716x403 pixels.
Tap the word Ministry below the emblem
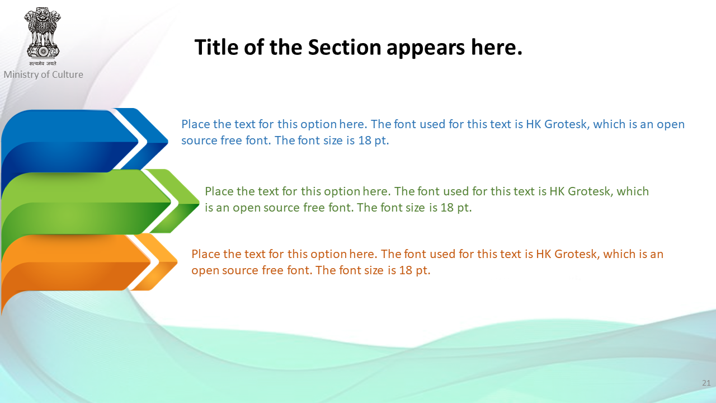tap(21, 74)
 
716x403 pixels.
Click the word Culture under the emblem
tap(68, 74)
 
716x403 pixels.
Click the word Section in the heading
tap(344, 47)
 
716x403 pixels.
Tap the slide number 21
tap(706, 383)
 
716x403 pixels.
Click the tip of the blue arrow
tap(168, 140)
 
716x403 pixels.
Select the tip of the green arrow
tap(199, 202)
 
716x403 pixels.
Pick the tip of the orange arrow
tap(177, 262)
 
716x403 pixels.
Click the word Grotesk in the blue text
tap(567, 124)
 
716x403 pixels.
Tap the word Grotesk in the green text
tap(590, 191)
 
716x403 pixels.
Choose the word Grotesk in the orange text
tap(577, 254)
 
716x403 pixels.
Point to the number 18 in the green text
tap(447, 208)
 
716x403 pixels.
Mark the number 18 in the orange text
tap(406, 270)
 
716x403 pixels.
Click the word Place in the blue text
tap(196, 124)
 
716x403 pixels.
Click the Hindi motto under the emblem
tap(43, 63)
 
